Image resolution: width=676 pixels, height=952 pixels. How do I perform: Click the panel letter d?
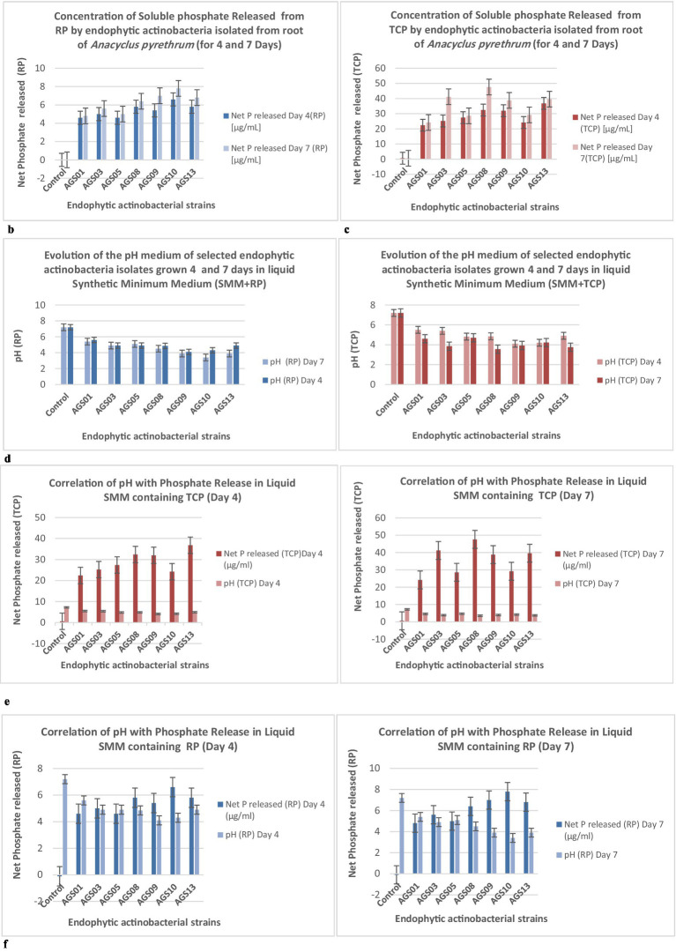[x=7, y=458]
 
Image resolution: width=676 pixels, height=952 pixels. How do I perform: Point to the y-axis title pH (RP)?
[x=20, y=345]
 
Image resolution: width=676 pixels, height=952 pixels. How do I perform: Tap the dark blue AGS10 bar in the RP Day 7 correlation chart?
[x=508, y=832]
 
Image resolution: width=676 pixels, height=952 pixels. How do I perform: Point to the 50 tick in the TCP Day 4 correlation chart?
[x=42, y=517]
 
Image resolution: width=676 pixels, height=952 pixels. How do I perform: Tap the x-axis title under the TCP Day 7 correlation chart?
[x=470, y=665]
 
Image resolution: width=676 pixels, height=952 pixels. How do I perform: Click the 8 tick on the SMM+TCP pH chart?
[x=375, y=305]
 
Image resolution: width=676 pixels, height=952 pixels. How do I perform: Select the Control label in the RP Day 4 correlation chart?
[x=54, y=894]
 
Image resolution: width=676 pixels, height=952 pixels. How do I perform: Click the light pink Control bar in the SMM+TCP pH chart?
[x=394, y=349]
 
